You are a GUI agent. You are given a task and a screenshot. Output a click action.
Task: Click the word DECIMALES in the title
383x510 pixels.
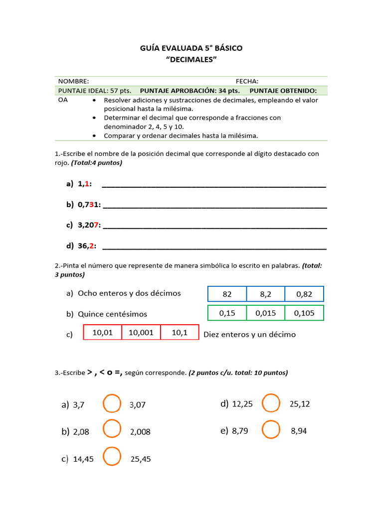[x=191, y=60]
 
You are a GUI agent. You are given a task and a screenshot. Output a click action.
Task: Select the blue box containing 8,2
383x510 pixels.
[x=265, y=294]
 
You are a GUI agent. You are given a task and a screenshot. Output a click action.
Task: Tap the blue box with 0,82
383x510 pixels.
[x=304, y=294]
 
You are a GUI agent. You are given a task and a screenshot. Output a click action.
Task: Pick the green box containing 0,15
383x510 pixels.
[x=227, y=313]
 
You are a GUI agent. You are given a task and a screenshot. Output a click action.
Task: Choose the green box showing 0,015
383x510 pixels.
[x=265, y=313]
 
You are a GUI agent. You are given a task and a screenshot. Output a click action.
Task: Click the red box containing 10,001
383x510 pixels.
[x=141, y=332]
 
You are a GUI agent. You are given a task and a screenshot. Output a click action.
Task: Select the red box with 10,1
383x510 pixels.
[x=180, y=332]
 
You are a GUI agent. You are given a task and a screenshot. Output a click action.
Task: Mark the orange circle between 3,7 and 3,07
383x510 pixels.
[x=112, y=403]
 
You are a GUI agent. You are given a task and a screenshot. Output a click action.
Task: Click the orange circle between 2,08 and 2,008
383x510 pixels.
[x=112, y=429]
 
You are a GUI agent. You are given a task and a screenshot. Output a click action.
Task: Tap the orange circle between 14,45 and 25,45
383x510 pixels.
[x=112, y=456]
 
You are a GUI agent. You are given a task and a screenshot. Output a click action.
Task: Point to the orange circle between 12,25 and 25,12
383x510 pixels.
[x=271, y=403]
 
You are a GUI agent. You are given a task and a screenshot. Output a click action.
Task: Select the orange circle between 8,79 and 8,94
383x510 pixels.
[x=271, y=429]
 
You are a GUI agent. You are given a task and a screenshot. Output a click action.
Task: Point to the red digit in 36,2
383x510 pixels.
[x=92, y=246]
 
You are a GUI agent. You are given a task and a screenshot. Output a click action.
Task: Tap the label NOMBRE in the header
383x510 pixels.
[x=73, y=81]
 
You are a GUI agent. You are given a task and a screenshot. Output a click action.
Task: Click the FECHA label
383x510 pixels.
[x=247, y=81]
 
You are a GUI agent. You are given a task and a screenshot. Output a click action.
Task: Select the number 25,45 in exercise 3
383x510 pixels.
[x=141, y=459]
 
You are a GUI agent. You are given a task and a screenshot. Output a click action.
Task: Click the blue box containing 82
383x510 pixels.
[x=227, y=294]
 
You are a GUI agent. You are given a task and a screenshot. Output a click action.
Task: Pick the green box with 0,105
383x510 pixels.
[x=304, y=313]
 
